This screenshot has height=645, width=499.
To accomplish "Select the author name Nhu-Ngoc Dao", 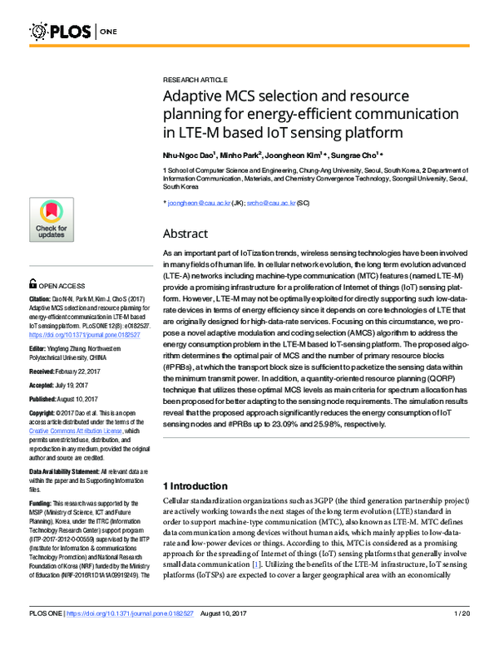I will [189, 155].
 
